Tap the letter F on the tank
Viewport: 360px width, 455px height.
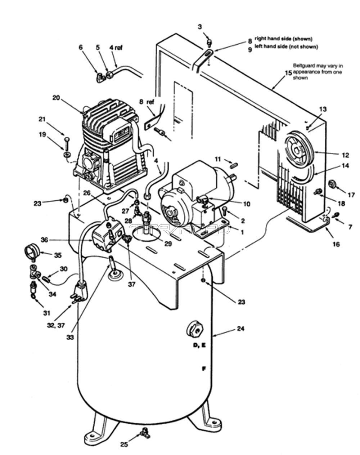click(x=204, y=369)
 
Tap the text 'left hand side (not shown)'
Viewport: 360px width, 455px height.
click(x=286, y=46)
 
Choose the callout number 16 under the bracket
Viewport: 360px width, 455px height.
click(x=336, y=244)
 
